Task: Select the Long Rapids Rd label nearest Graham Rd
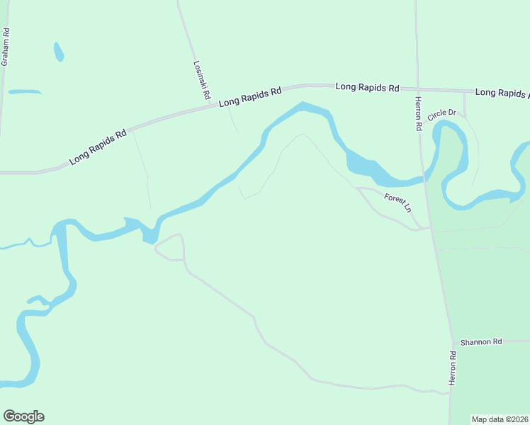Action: pos(98,147)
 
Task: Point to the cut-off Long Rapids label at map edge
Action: pos(502,93)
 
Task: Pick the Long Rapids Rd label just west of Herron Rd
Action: pos(367,87)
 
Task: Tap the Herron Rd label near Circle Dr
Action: pos(418,113)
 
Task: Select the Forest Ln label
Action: pos(397,203)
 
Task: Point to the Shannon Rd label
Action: pos(480,341)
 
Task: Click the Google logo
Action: pos(23,416)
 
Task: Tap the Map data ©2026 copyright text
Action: pos(500,419)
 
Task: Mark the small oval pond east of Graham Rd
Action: pos(58,52)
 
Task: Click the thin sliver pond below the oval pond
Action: pos(25,91)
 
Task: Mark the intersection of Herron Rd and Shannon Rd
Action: pos(452,341)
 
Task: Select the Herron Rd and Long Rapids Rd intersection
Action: pos(417,90)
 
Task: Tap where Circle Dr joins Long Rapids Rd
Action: pos(464,92)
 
